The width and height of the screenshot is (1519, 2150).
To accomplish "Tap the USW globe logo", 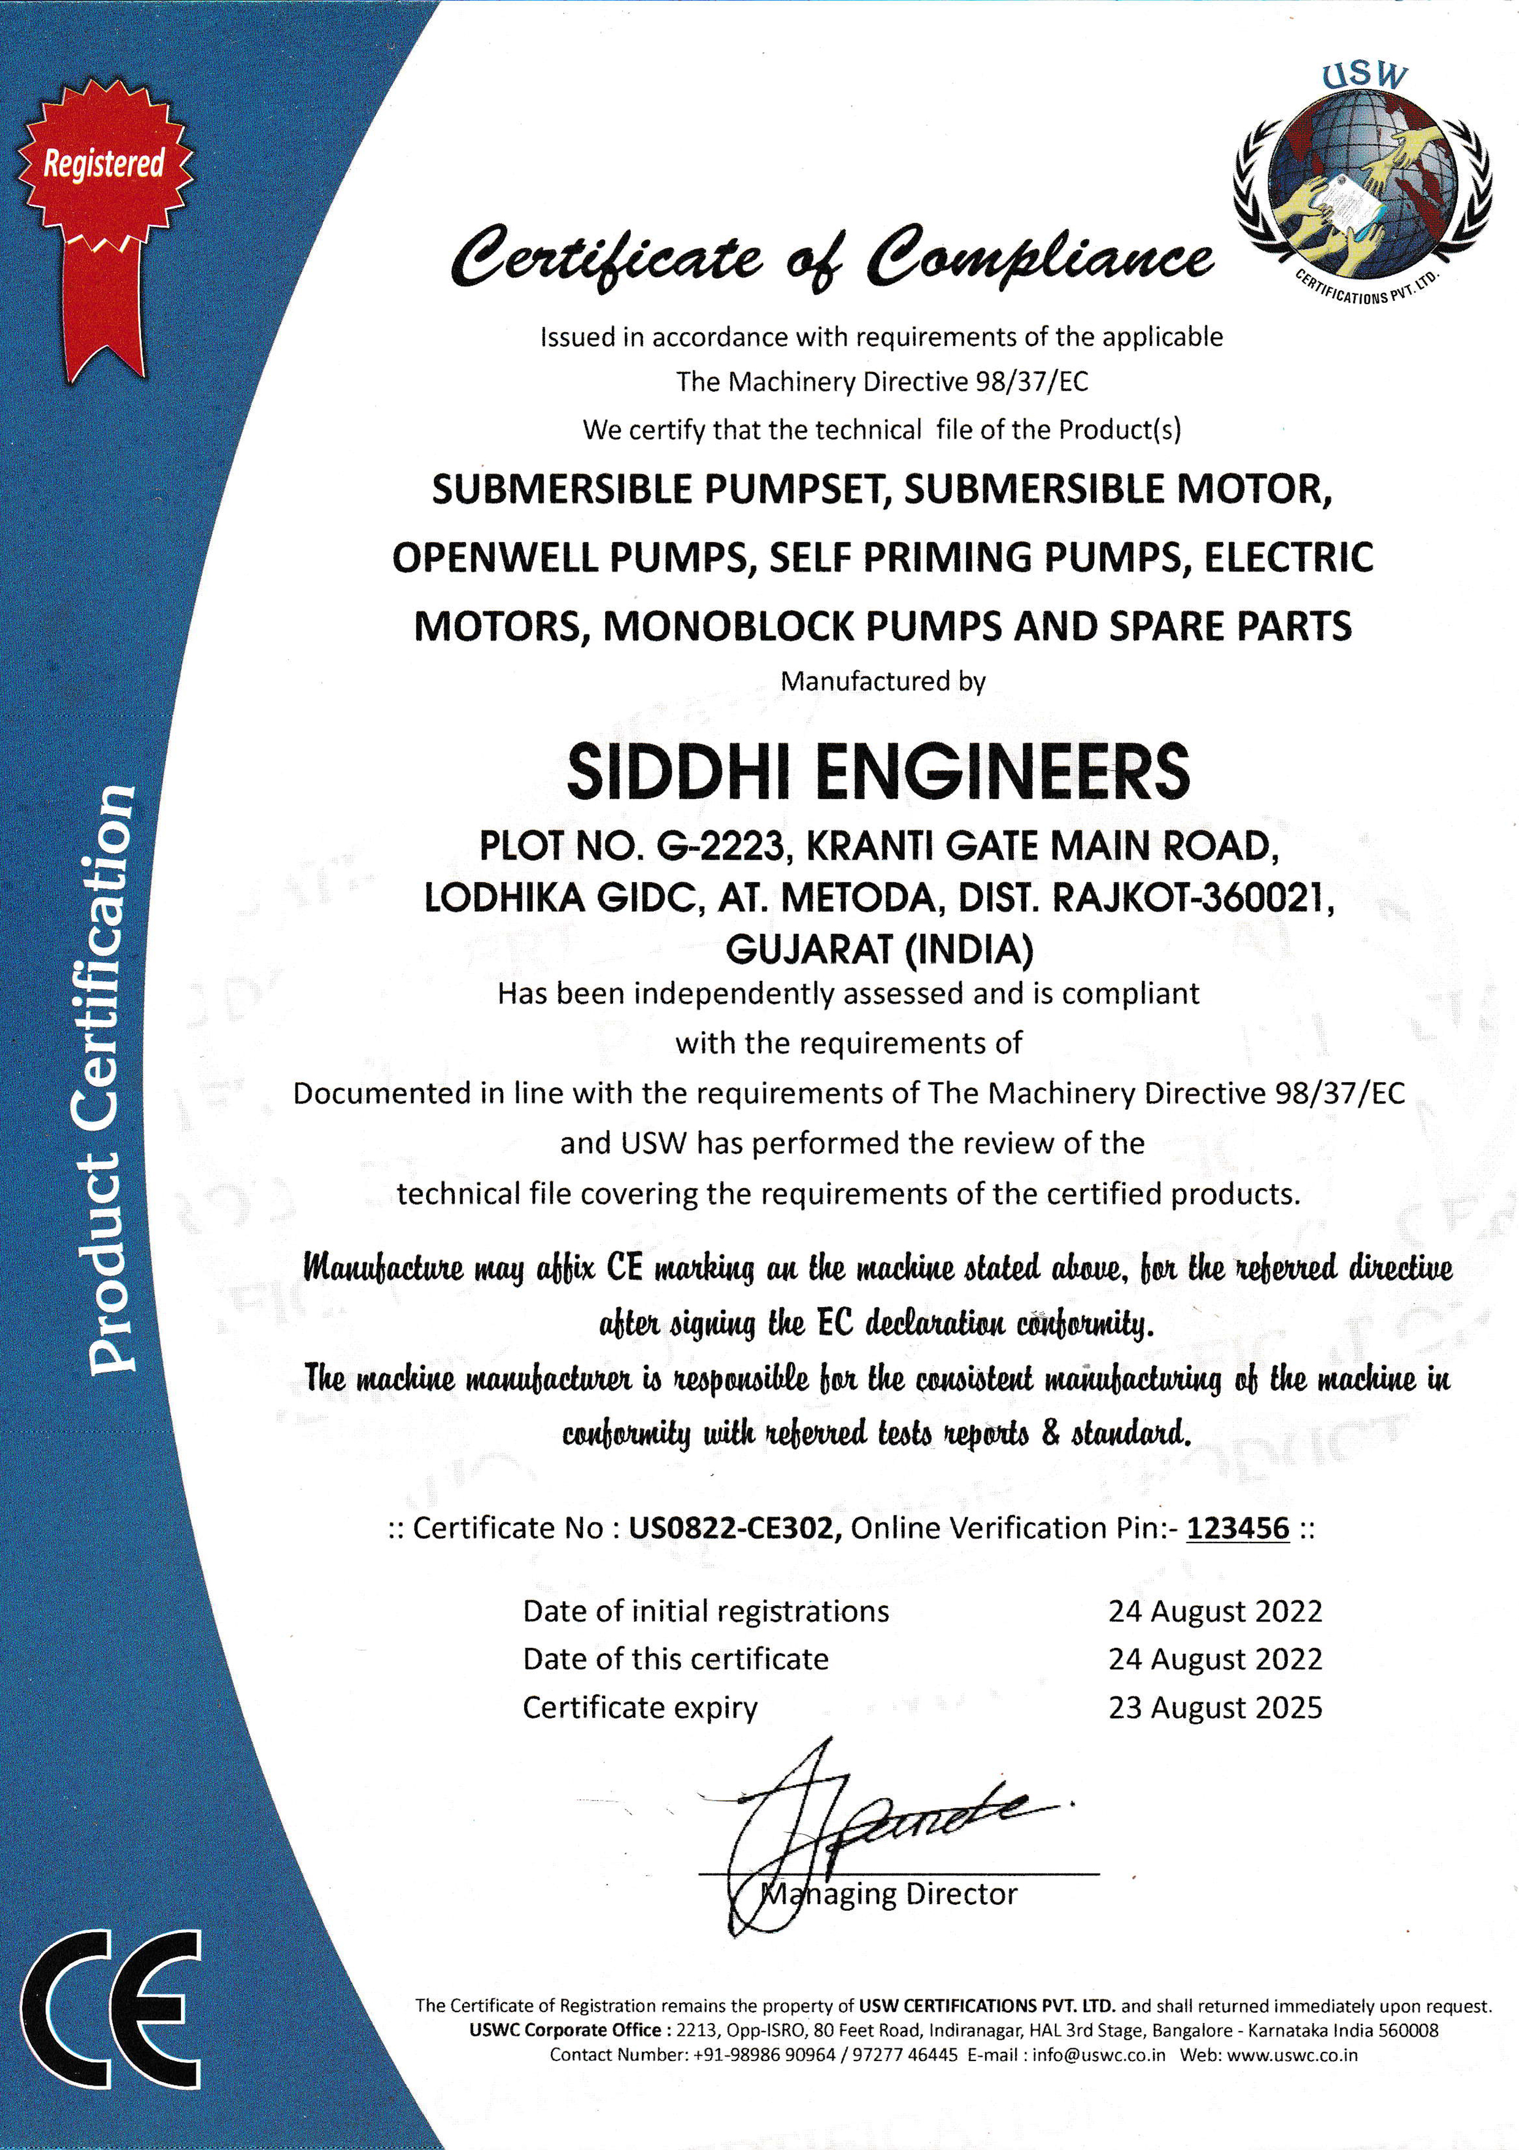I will coord(1363,178).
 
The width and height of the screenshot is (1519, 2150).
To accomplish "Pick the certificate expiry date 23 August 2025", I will coord(1214,1707).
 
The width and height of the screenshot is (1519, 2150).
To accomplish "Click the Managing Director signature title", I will coord(889,1893).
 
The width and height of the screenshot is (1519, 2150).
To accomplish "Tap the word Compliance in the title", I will coord(1040,257).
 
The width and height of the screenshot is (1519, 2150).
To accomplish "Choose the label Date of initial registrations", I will coord(705,1611).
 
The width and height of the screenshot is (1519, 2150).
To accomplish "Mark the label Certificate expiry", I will coord(639,1707).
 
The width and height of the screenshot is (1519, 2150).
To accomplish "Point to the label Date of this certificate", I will coord(676,1658).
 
